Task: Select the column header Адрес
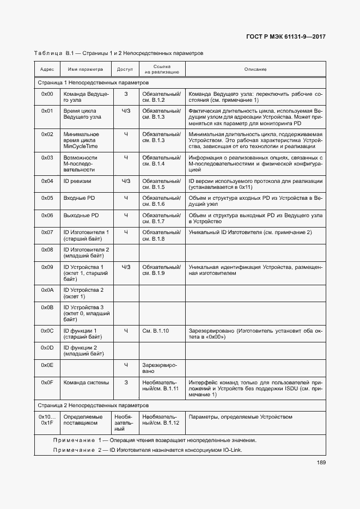click(47, 70)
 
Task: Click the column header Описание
click(255, 70)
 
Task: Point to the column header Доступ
click(125, 70)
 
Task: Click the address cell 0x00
click(47, 94)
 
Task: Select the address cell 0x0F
click(47, 383)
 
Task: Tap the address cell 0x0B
click(47, 308)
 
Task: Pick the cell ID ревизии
click(77, 181)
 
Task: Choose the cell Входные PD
click(79, 198)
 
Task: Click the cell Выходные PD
click(81, 216)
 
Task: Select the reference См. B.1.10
click(155, 330)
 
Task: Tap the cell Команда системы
click(86, 383)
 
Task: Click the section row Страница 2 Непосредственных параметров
click(93, 406)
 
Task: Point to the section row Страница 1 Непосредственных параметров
click(93, 82)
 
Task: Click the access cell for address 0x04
click(126, 181)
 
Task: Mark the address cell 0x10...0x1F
click(47, 420)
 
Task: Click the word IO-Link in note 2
click(231, 450)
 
